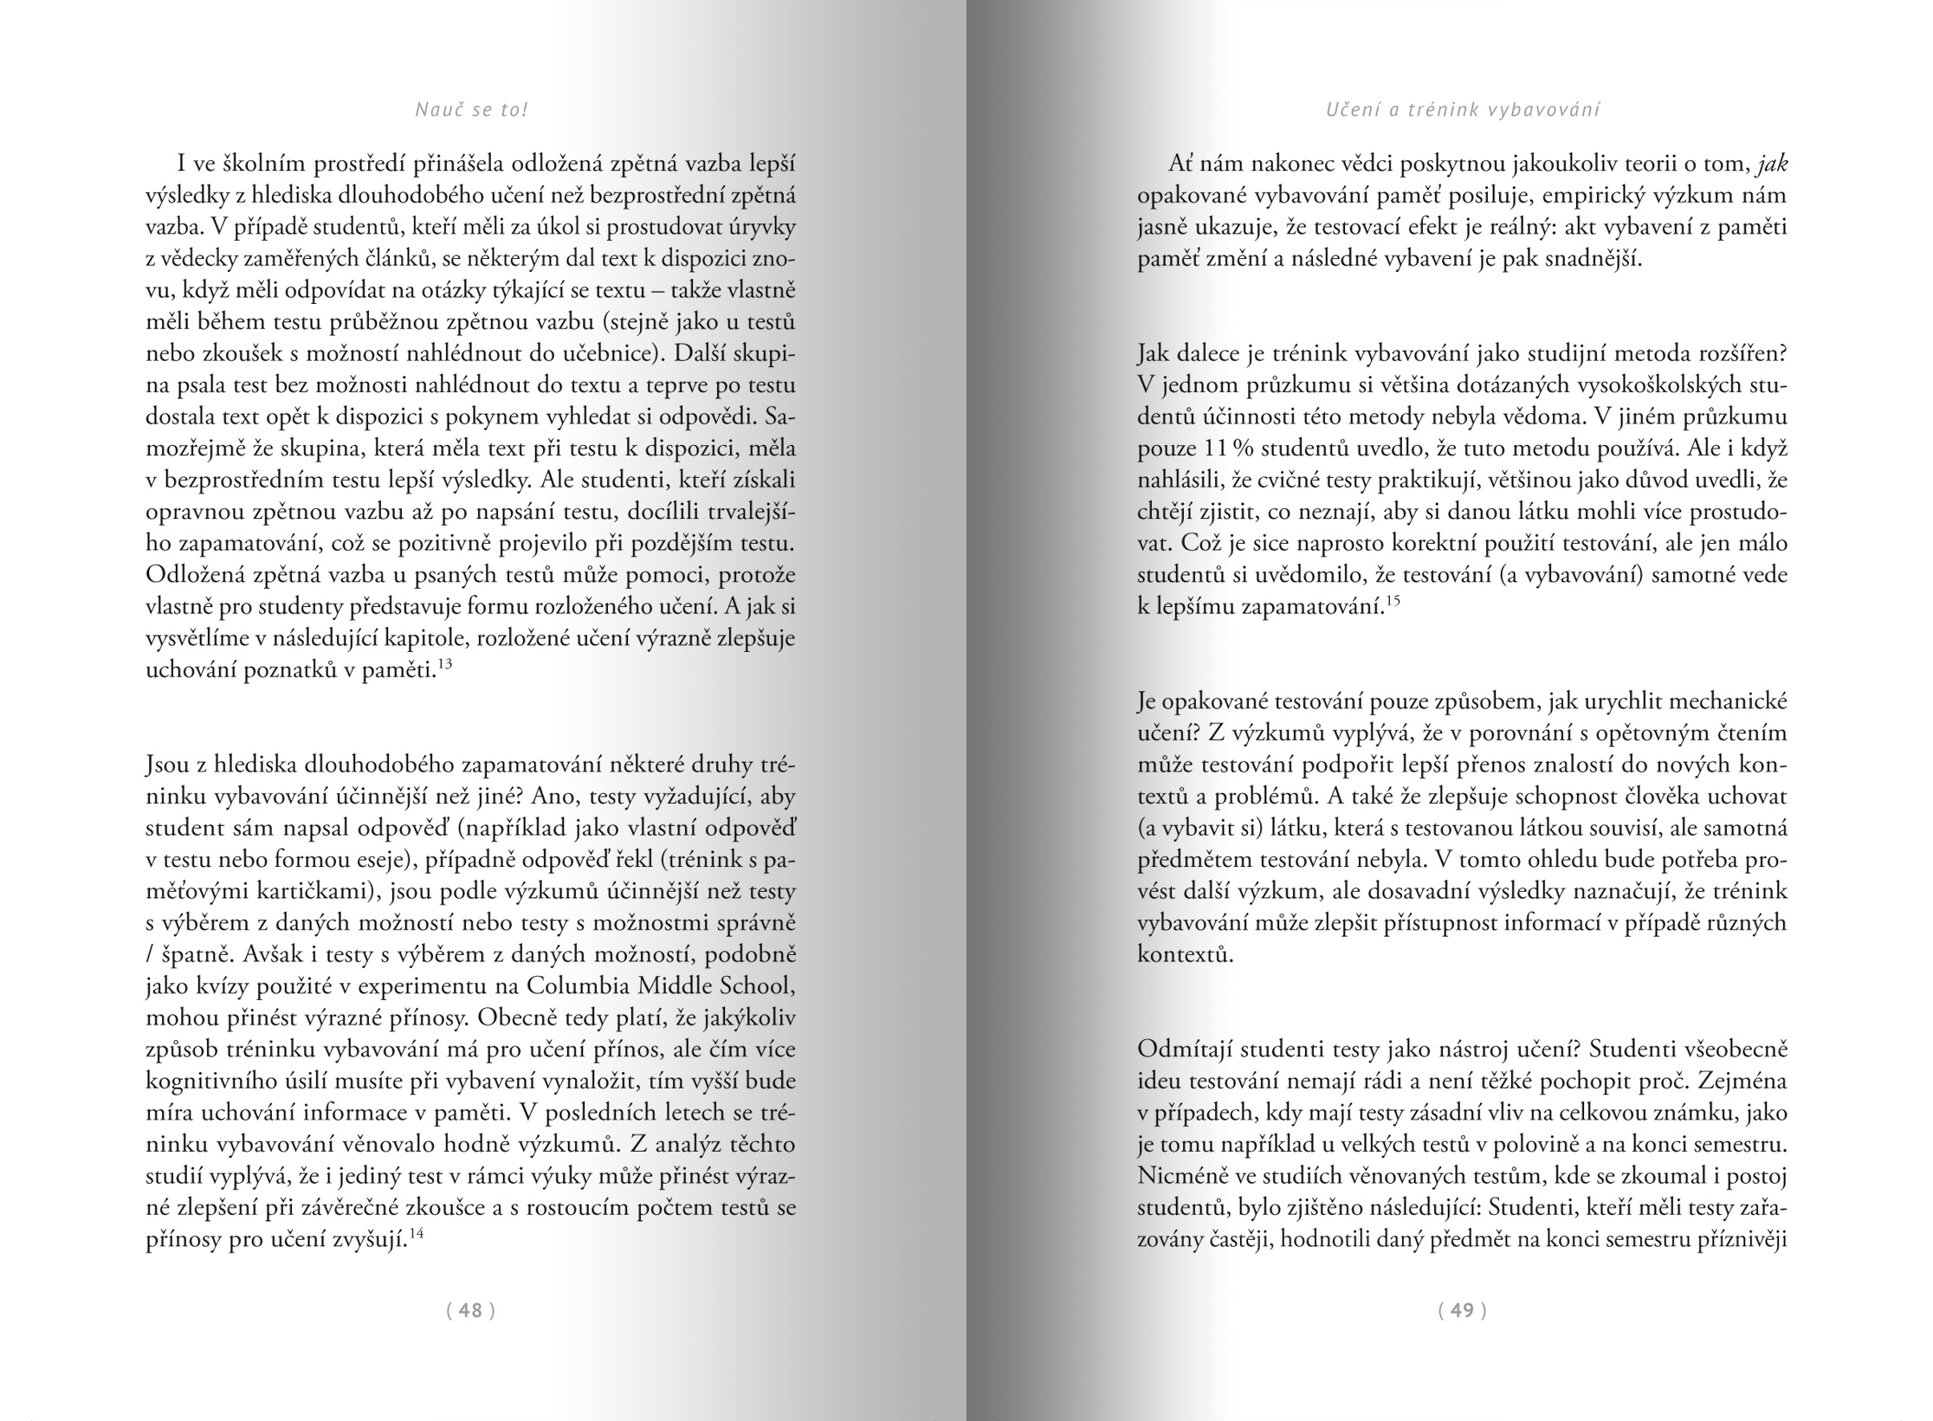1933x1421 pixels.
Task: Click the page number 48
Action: (x=470, y=1310)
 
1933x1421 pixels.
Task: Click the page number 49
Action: (x=1462, y=1310)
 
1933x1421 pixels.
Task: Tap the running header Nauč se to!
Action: (x=471, y=110)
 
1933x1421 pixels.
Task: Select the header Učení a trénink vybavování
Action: (x=1463, y=110)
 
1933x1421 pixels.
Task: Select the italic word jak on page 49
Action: (x=1773, y=164)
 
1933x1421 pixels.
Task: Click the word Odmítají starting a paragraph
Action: (x=1184, y=1050)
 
